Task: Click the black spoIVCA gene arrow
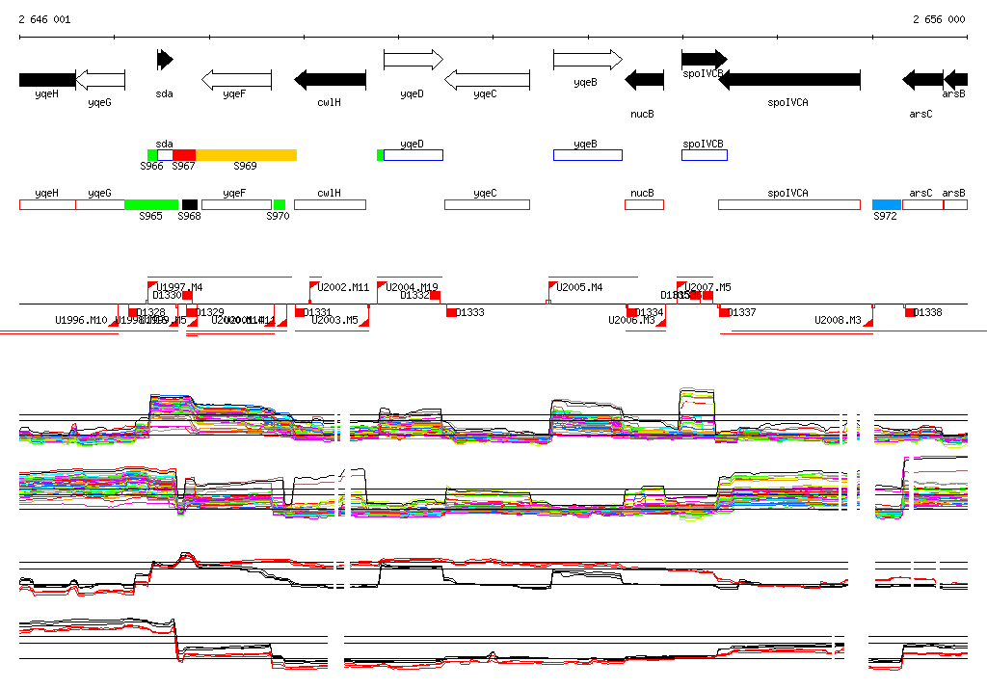[789, 79]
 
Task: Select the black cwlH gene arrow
[330, 79]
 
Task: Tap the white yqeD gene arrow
[413, 60]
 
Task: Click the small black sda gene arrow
[165, 60]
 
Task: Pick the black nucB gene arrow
[644, 79]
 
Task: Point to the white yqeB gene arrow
[587, 60]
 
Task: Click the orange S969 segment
[246, 155]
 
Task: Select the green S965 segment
[151, 204]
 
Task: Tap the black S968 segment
[190, 204]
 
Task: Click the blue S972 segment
[887, 204]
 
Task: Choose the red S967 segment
[184, 155]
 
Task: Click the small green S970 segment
[280, 204]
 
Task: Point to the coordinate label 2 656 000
[938, 19]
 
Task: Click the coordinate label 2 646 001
[44, 19]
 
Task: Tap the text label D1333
[470, 312]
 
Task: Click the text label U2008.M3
[838, 320]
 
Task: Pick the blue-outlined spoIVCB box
[705, 155]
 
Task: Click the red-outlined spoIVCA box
[789, 204]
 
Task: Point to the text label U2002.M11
[344, 287]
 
